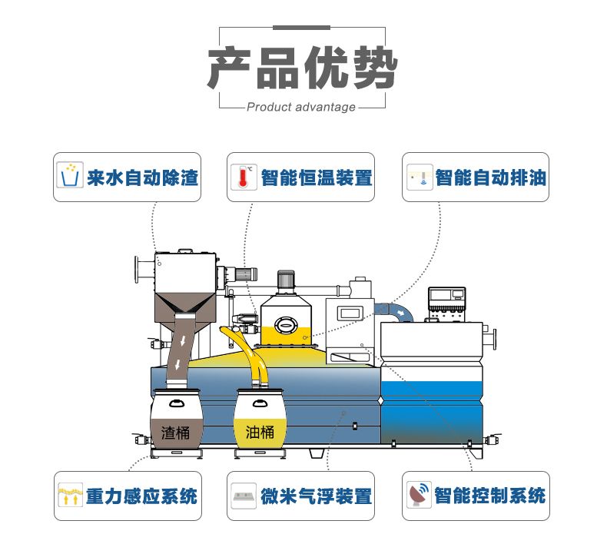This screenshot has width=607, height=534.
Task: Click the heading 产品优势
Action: pyautogui.click(x=303, y=68)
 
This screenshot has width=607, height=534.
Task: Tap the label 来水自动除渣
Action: pyautogui.click(x=143, y=178)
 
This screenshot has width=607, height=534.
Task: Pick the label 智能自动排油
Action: pyautogui.click(x=491, y=178)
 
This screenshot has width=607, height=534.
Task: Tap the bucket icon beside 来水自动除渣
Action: pyautogui.click(x=71, y=177)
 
